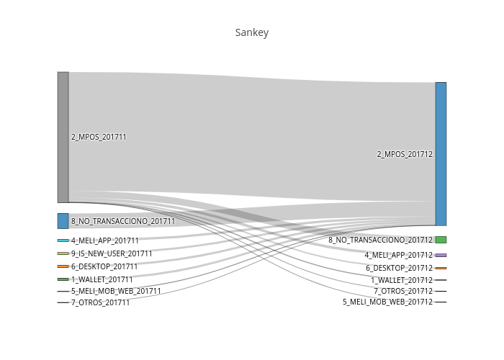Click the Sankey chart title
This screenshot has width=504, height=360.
(252, 32)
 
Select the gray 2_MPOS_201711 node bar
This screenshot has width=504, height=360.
(63, 138)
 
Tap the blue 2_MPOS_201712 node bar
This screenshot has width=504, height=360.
(441, 154)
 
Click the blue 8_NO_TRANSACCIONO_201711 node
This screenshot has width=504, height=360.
(63, 221)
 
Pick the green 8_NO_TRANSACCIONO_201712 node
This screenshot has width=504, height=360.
(441, 240)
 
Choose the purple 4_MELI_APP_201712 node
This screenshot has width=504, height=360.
(441, 255)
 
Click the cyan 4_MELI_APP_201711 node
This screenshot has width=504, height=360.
(63, 240)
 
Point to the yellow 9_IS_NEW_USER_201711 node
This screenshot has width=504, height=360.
(63, 253)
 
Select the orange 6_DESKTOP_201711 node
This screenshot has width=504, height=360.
(63, 266)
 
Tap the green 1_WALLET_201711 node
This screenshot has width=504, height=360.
(63, 279)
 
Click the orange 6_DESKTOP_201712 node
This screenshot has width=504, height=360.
(441, 268)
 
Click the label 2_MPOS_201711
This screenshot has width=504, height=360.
(99, 138)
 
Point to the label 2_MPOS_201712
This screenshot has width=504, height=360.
(405, 154)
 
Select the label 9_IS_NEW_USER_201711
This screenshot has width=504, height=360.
(112, 253)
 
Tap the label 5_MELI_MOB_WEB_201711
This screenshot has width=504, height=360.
(116, 291)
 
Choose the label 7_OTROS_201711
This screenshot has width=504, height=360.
(101, 303)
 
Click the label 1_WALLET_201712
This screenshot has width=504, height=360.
(402, 280)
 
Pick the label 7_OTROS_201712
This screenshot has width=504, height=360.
(403, 291)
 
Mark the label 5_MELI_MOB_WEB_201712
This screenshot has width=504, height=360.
(388, 302)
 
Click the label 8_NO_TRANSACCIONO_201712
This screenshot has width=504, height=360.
(381, 240)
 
